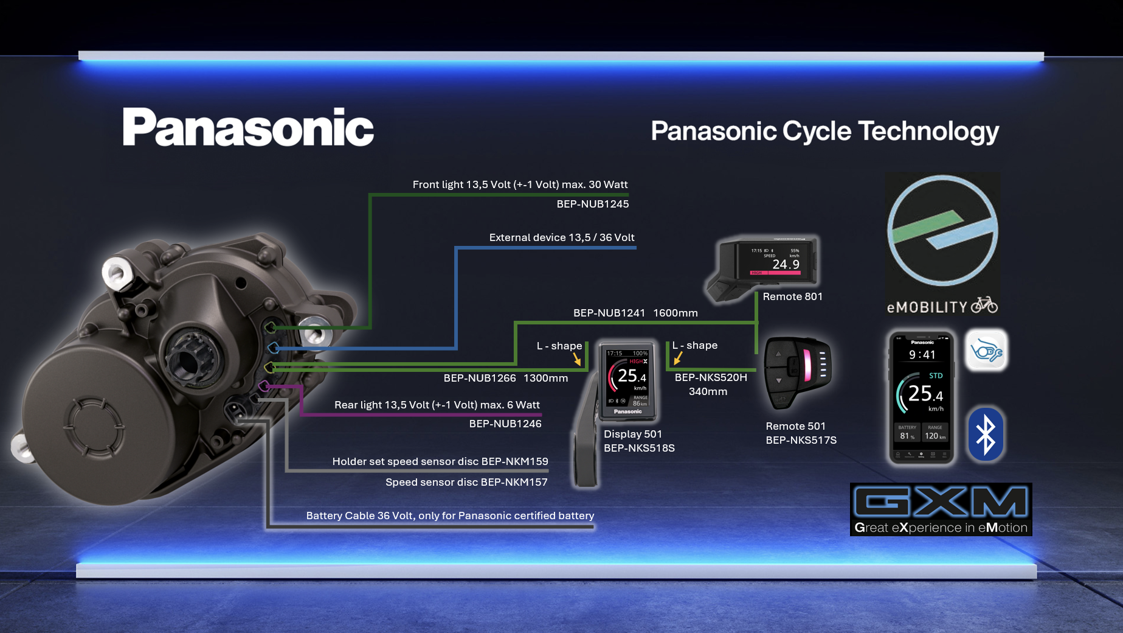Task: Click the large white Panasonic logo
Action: coord(248,127)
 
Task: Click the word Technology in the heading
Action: coord(928,131)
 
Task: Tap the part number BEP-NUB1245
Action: coord(592,204)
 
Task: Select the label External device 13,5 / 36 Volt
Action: coord(561,237)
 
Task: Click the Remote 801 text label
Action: coord(792,296)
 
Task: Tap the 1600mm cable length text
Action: coord(675,313)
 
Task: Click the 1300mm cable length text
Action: coord(545,378)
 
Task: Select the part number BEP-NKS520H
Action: coord(710,377)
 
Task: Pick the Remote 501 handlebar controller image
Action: coord(797,371)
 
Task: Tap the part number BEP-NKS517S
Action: coord(801,440)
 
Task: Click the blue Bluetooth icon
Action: coord(985,435)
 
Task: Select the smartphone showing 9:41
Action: coord(921,397)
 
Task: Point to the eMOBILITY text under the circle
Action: coord(927,307)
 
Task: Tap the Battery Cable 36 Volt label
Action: coord(450,516)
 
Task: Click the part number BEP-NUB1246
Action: coord(505,424)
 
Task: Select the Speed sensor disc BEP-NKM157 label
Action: coord(466,482)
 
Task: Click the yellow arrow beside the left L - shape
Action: coord(577,359)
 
